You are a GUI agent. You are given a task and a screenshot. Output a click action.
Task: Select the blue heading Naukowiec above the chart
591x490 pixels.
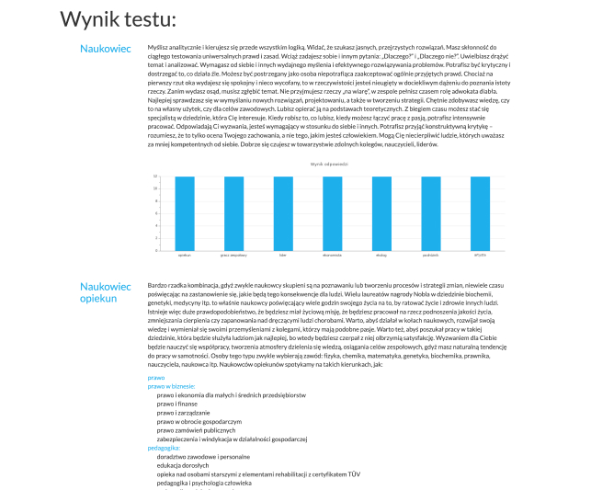[105, 48]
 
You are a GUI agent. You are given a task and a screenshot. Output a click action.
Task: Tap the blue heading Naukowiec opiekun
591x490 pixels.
[107, 292]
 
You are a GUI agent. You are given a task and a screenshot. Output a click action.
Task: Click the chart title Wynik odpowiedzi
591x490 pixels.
[328, 163]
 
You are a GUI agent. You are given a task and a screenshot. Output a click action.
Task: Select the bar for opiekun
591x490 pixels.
[184, 212]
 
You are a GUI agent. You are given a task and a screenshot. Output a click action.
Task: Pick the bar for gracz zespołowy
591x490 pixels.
[233, 212]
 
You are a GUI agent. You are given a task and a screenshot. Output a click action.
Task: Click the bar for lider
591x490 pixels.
[283, 212]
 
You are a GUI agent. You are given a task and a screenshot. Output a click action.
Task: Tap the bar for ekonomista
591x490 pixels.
[332, 212]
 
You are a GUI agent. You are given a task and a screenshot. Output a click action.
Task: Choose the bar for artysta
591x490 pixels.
[480, 212]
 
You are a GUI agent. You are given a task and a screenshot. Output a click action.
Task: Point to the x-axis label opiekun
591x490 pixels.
[184, 254]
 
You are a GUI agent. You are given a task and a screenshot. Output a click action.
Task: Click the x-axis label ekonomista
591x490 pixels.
[332, 254]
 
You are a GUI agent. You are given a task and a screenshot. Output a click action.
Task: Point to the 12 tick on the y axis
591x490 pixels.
[154, 177]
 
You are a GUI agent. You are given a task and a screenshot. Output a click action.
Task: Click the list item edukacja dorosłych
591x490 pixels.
[185, 465]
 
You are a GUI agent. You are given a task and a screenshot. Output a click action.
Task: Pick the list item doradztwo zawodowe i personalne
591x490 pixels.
[203, 456]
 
